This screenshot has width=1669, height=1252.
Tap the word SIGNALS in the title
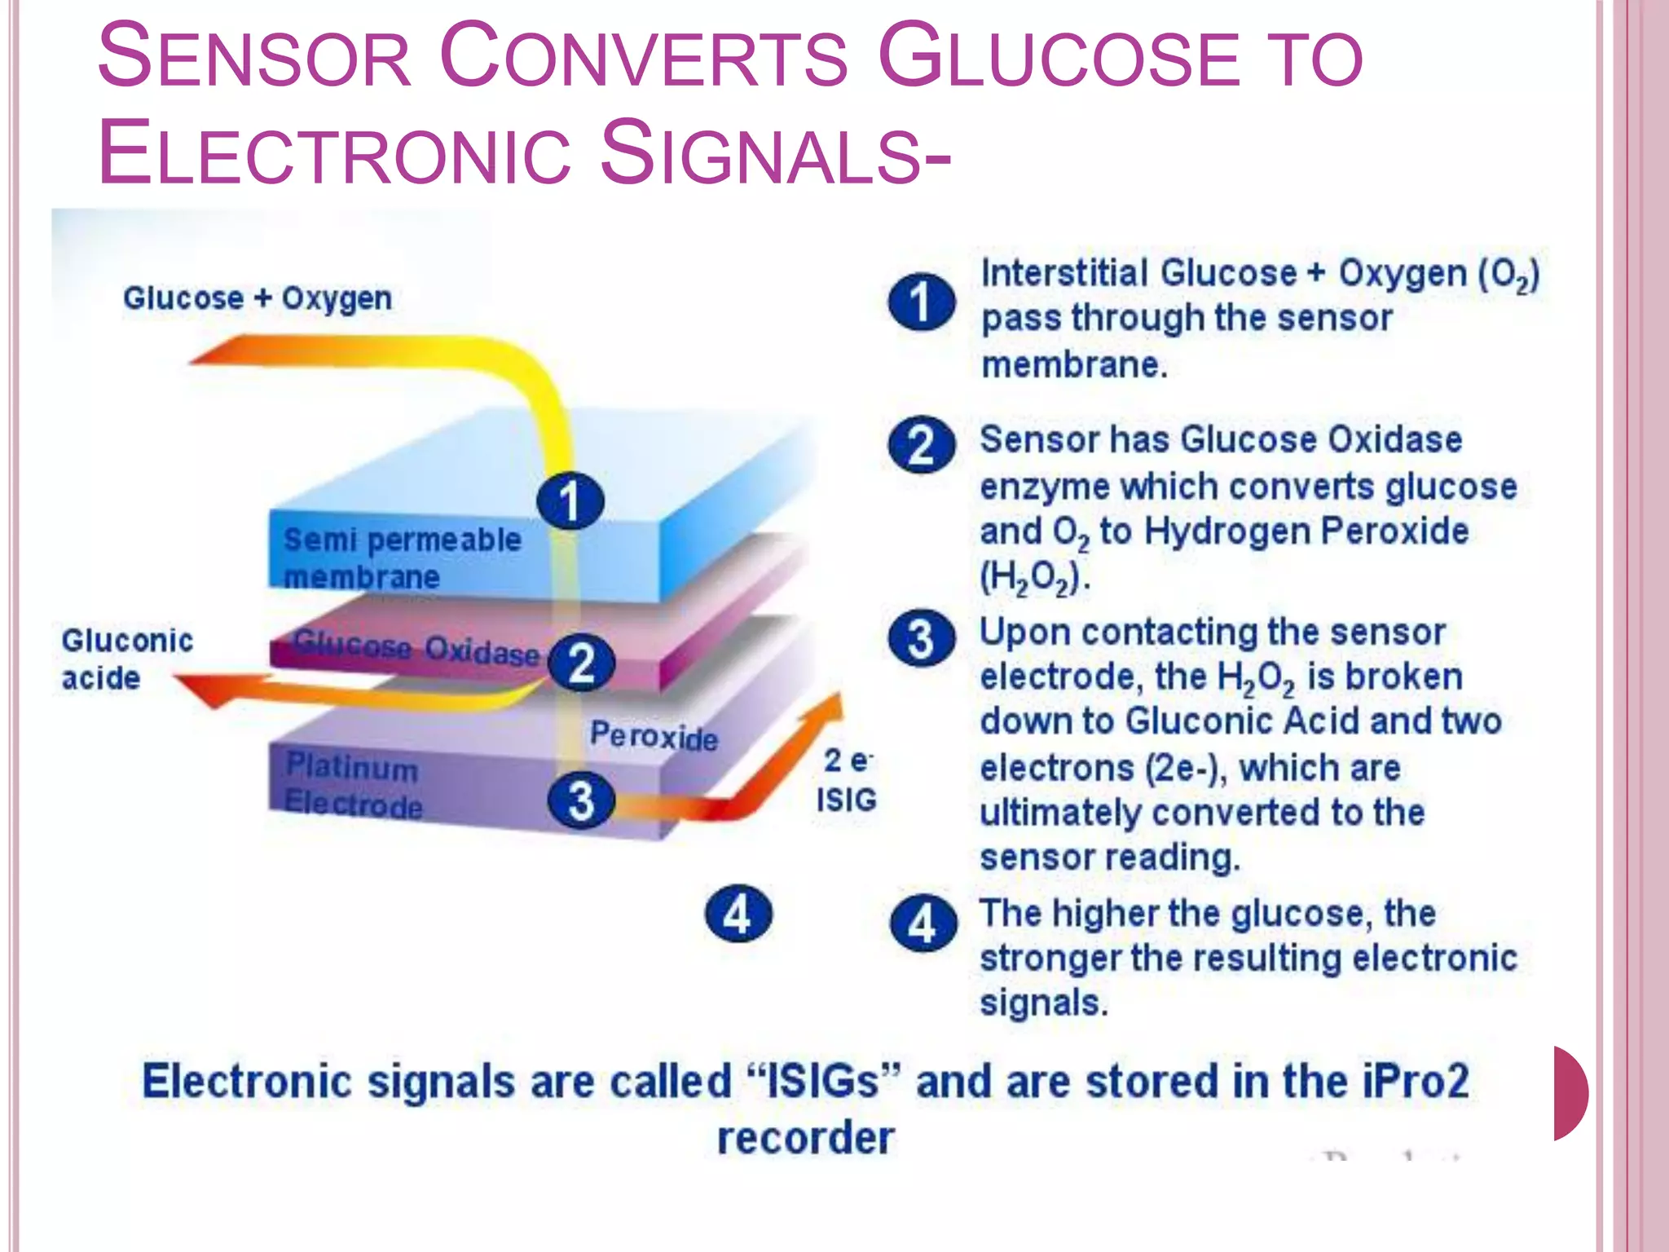(774, 153)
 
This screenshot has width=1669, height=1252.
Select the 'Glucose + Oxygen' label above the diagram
(258, 298)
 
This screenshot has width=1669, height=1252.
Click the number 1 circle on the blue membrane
(570, 500)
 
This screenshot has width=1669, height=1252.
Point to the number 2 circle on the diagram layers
(581, 663)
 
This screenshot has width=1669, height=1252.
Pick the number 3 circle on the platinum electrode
(581, 800)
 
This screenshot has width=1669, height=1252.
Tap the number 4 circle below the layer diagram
(738, 914)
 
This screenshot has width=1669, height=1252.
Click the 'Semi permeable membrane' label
(401, 558)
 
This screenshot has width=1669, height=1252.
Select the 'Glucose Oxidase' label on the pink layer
(416, 648)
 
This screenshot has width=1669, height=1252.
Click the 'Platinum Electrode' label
(353, 786)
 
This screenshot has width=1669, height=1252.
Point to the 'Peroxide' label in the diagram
(654, 736)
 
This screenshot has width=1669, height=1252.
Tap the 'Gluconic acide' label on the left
(126, 659)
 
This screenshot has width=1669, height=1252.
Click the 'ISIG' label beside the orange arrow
(846, 800)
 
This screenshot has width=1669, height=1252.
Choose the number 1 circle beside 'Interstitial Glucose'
(921, 302)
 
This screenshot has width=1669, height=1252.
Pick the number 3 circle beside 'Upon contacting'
(921, 639)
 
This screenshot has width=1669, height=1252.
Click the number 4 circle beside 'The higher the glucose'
(923, 924)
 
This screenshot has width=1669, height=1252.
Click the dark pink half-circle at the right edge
(1570, 1093)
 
